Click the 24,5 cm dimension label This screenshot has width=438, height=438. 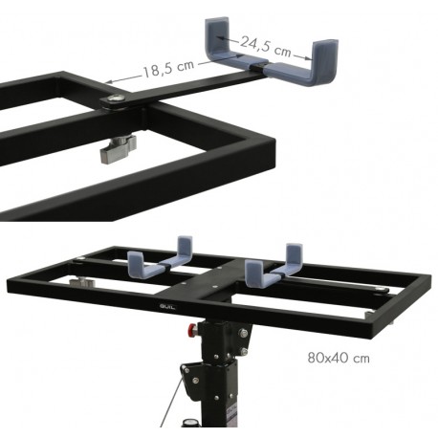tap(266, 47)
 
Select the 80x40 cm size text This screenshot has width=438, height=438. tap(339, 358)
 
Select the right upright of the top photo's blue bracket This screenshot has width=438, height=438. tap(324, 59)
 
